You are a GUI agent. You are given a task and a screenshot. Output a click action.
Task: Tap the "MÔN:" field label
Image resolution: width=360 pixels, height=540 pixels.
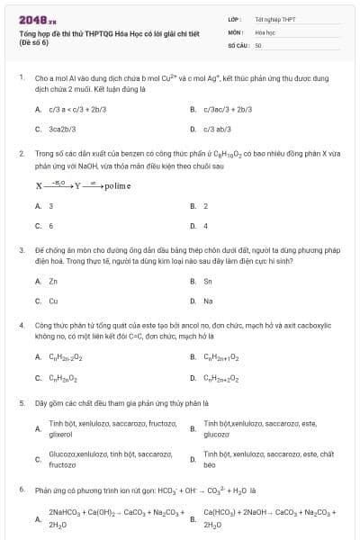tap(236, 31)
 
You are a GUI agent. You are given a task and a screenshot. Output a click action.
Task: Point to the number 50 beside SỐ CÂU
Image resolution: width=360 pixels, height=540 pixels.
tap(258, 44)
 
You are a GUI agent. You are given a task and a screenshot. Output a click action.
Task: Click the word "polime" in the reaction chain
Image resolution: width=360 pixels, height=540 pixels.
tap(118, 186)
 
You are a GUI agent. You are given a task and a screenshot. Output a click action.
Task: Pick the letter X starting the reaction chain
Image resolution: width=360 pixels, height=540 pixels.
tap(39, 186)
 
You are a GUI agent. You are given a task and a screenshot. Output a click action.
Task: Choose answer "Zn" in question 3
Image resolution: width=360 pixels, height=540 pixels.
tap(54, 281)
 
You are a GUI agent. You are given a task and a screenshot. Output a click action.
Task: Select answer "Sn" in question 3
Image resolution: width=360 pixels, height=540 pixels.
tap(208, 281)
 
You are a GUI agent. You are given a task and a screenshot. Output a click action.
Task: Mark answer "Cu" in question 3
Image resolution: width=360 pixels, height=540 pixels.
tap(54, 301)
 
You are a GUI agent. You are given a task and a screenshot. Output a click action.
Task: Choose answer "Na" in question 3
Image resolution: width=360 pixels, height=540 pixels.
tap(208, 301)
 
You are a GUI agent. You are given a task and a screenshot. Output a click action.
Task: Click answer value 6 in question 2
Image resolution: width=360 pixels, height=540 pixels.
tap(51, 225)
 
